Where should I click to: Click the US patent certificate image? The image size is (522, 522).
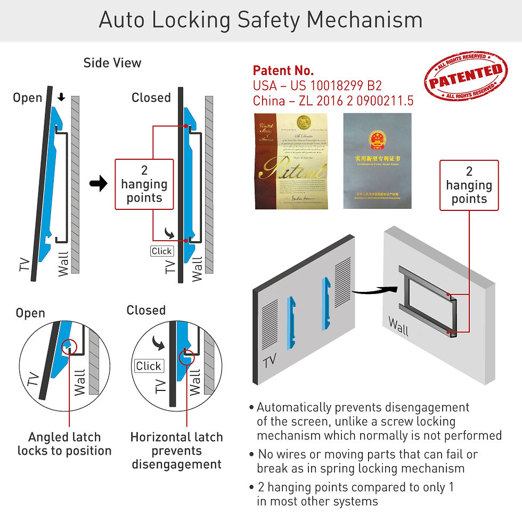coord(290,161)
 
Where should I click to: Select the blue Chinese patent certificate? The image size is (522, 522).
coord(378,161)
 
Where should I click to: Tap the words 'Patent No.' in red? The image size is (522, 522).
coord(283,70)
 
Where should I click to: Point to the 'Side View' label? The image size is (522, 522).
coord(112,63)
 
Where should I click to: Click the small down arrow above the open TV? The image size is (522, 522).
coord(62,97)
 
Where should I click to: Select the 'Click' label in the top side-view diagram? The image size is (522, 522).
coord(161,251)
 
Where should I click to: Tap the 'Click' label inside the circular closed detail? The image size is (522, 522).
coord(149,366)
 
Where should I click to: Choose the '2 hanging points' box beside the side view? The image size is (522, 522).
coord(144,184)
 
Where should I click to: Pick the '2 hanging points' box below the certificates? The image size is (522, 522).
coord(469,185)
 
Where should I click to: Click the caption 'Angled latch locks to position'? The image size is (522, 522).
coord(64,444)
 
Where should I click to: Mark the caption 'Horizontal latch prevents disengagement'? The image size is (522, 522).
coord(176,451)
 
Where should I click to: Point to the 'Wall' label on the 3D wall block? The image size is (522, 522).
coord(398,327)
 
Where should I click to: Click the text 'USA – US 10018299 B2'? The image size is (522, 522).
coord(317,86)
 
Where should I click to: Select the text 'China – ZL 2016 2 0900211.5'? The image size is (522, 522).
coord(333,101)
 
